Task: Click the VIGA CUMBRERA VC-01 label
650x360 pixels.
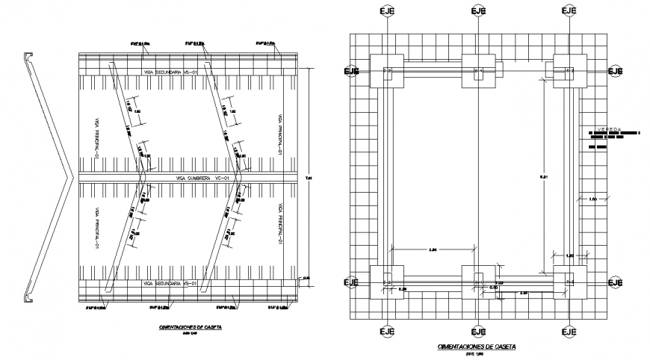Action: point(201,179)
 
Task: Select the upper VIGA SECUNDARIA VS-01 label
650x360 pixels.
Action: point(170,72)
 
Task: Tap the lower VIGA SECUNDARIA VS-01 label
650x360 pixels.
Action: point(170,285)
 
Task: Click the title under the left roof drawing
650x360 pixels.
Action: point(184,327)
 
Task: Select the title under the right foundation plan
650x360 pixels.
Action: point(476,347)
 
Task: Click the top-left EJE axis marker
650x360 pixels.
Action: point(386,11)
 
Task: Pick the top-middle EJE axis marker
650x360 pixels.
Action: point(478,11)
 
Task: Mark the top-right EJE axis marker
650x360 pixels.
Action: point(569,11)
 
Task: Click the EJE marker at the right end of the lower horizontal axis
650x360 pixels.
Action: point(615,282)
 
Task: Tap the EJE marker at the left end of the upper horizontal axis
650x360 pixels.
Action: point(350,71)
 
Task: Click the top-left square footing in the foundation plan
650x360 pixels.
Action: point(386,71)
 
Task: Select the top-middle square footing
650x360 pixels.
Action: point(478,71)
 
